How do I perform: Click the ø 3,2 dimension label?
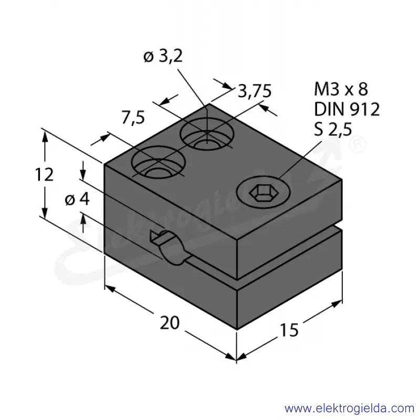tap(163, 56)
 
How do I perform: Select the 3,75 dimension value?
tap(255, 91)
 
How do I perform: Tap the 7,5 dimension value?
tap(133, 117)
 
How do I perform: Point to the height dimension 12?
tap(44, 174)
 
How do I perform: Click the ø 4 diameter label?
tap(77, 199)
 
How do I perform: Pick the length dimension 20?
tap(170, 323)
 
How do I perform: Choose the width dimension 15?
tap(289, 330)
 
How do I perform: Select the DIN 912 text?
tap(347, 109)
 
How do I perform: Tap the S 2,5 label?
tap(333, 129)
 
